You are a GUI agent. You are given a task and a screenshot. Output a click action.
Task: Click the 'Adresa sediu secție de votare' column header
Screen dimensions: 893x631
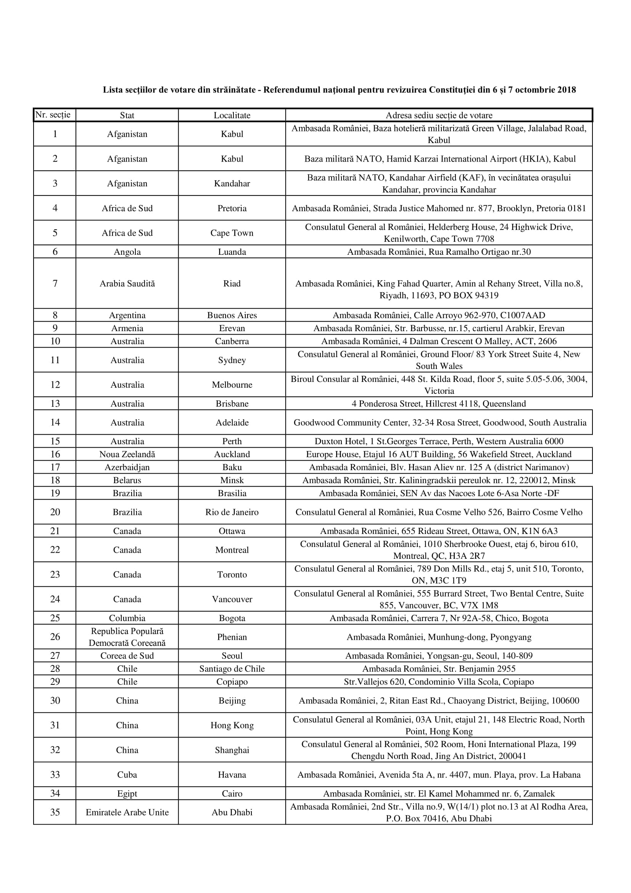[439, 115]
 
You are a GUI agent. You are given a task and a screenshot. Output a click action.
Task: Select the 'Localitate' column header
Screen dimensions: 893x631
[232, 115]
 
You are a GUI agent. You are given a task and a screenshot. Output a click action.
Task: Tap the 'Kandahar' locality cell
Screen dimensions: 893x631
[232, 183]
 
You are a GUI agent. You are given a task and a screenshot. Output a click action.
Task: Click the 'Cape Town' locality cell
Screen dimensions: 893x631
[232, 233]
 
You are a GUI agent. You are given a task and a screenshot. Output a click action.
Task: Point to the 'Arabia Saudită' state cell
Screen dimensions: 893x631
[127, 283]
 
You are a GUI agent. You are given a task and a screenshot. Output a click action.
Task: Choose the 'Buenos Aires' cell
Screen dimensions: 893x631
[232, 315]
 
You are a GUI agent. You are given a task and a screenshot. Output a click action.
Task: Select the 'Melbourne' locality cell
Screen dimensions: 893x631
[232, 385]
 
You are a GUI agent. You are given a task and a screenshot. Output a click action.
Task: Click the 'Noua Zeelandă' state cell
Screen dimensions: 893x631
[127, 454]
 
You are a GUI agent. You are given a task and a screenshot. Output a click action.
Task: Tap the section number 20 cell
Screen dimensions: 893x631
[55, 512]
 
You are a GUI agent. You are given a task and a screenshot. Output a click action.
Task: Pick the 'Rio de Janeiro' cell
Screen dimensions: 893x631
[232, 512]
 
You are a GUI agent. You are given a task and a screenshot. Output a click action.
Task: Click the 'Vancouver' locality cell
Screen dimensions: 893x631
[232, 599]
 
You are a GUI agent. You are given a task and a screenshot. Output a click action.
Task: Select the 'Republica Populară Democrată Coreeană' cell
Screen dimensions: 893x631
[127, 637]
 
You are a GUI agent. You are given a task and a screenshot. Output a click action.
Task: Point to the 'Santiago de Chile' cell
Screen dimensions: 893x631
[232, 668]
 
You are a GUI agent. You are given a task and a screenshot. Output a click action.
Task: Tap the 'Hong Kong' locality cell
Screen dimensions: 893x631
[232, 725]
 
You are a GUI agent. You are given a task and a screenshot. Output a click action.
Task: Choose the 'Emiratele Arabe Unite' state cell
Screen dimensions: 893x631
[127, 812]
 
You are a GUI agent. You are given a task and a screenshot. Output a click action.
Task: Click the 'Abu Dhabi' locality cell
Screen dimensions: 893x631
[232, 812]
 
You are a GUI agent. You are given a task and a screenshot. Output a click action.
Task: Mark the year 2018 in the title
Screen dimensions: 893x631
[567, 90]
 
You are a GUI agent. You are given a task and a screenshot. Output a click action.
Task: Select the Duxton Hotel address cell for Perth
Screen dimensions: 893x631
[439, 441]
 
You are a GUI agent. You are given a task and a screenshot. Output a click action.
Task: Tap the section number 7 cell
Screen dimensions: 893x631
[55, 283]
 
